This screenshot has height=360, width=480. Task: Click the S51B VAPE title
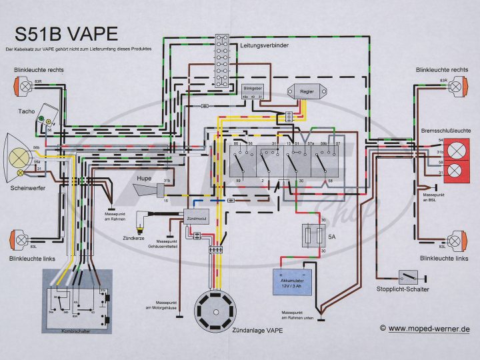(66, 33)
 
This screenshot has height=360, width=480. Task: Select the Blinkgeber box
(251, 92)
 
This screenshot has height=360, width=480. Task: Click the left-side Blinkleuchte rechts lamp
(21, 85)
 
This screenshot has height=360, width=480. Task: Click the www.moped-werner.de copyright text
(425, 329)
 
